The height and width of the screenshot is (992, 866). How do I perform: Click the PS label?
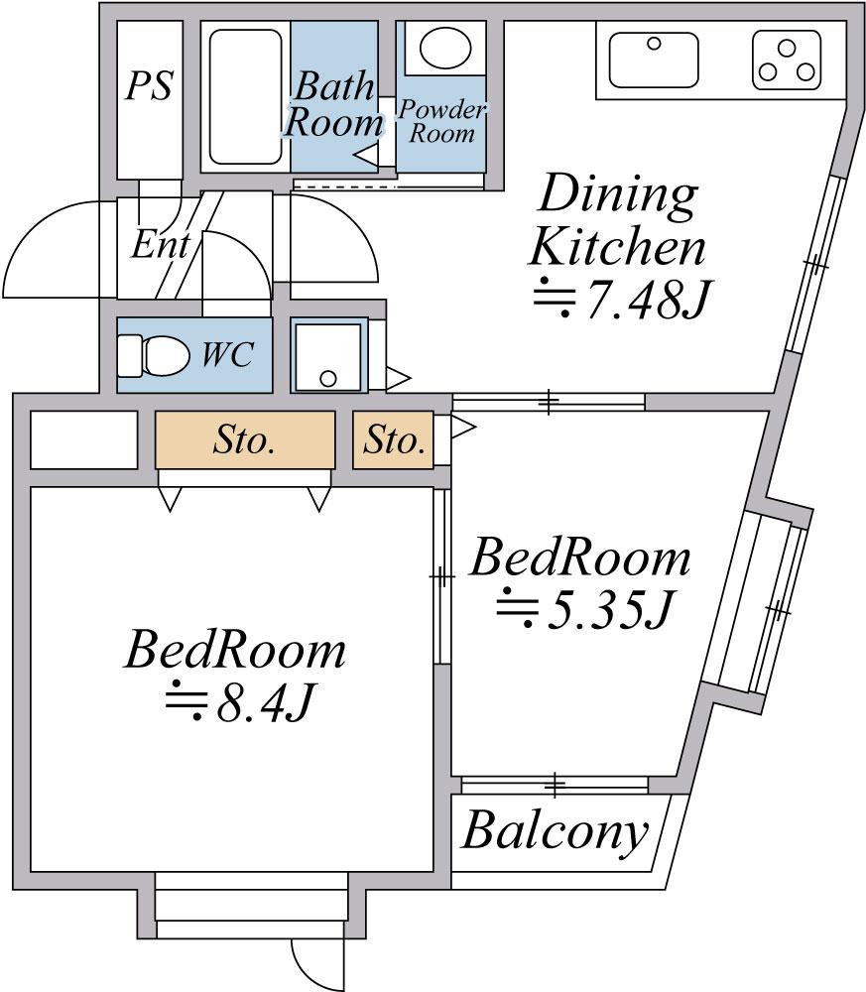click(x=149, y=86)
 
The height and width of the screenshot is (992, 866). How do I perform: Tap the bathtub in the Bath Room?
click(x=246, y=96)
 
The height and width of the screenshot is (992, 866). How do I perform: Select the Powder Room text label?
click(x=441, y=121)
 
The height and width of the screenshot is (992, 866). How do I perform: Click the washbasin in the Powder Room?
click(x=442, y=47)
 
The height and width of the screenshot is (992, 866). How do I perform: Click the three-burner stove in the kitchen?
click(x=788, y=59)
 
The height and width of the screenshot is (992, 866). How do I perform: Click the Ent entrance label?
click(x=159, y=245)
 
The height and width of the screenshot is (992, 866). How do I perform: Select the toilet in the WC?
click(x=154, y=354)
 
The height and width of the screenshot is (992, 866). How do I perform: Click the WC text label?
click(x=227, y=354)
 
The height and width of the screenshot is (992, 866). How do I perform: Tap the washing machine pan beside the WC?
click(x=329, y=354)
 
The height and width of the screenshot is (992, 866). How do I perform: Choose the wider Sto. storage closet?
click(x=244, y=440)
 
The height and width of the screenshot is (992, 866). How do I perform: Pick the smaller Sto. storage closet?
click(x=393, y=440)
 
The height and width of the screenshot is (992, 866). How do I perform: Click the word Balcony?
click(x=556, y=831)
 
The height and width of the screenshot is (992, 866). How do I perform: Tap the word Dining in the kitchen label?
click(x=616, y=195)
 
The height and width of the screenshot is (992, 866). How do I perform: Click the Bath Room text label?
click(x=332, y=104)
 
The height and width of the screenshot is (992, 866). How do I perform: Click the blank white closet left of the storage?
click(x=83, y=439)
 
